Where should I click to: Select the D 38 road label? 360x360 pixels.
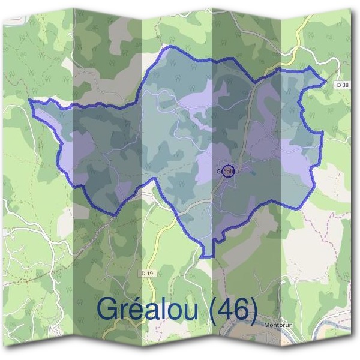tap(343, 86)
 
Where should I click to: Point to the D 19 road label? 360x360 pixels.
tap(146, 274)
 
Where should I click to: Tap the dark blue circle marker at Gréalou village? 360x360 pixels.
tap(228, 171)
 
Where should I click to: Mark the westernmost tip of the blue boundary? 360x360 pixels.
tap(29, 100)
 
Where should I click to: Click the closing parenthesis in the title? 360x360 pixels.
tap(255, 310)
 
